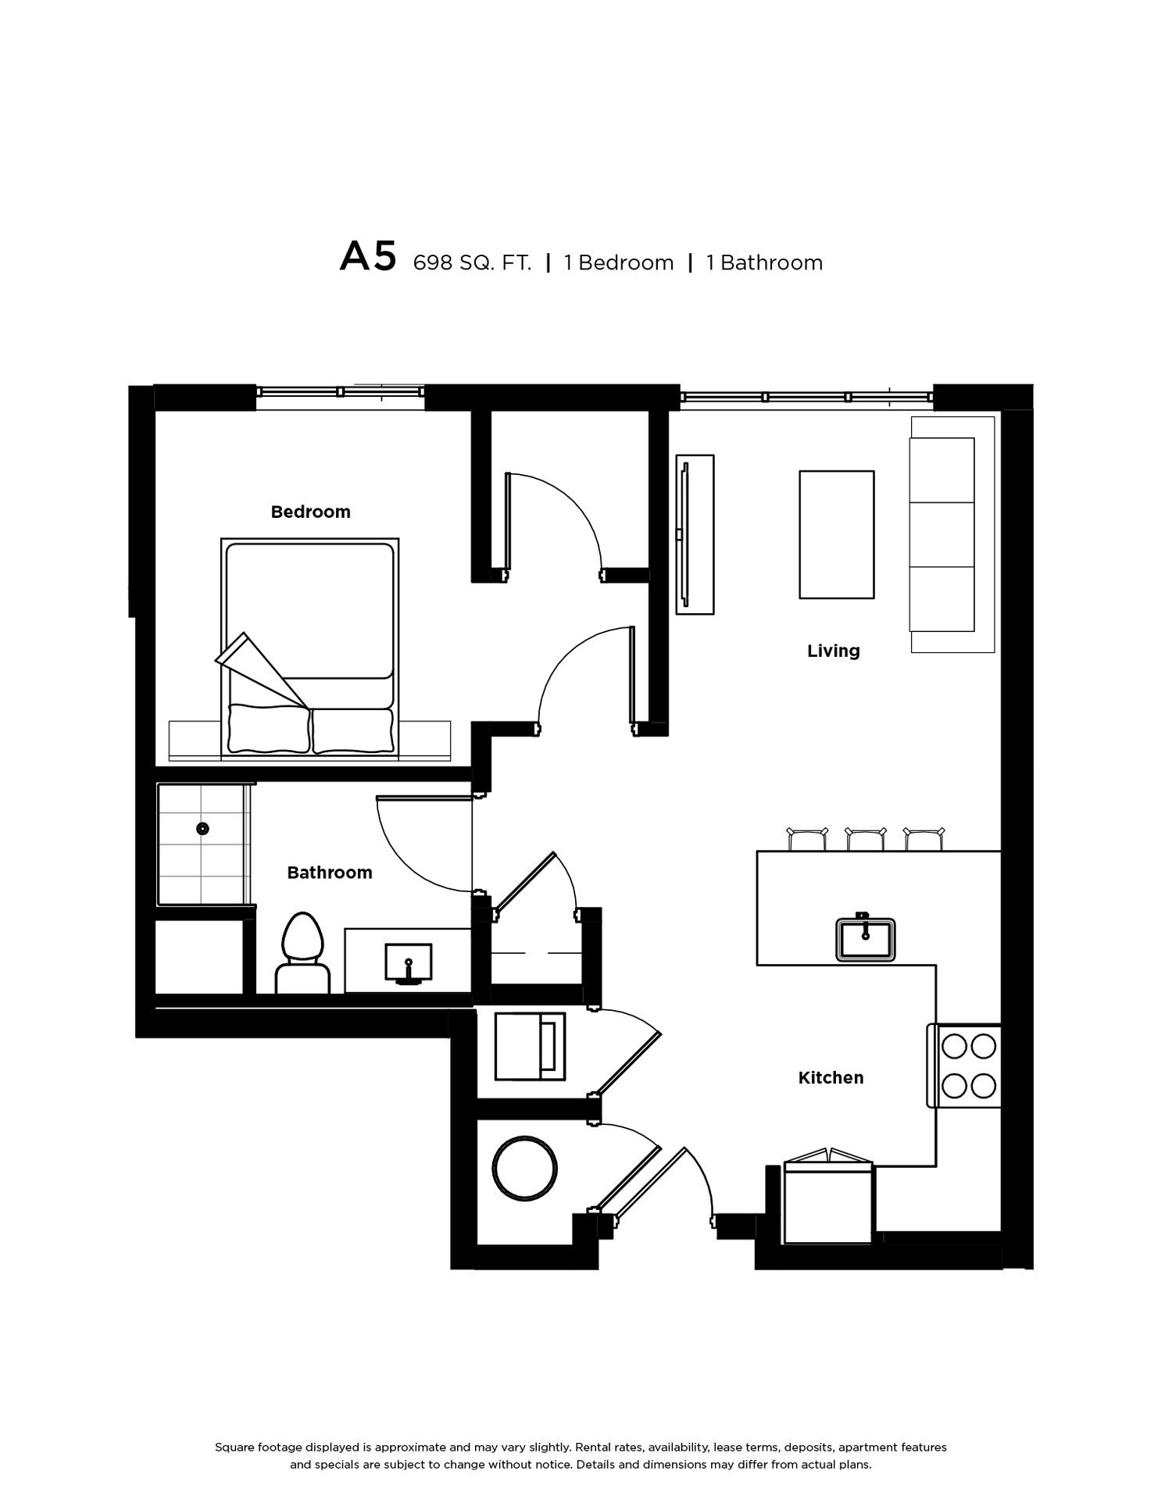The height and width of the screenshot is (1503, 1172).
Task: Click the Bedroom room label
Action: (x=310, y=512)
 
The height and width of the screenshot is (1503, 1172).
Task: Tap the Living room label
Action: (x=833, y=651)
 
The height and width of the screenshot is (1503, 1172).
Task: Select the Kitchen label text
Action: (x=831, y=1078)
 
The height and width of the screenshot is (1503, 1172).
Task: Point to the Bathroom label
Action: (x=329, y=873)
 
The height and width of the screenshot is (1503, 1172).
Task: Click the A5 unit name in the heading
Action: (x=368, y=257)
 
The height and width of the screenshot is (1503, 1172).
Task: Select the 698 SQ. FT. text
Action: (x=472, y=263)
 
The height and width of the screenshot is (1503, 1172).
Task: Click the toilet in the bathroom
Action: (x=302, y=953)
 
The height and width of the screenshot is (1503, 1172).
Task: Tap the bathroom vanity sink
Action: (x=408, y=962)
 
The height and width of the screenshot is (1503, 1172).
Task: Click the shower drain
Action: (x=202, y=829)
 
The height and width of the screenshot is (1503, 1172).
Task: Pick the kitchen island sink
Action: (x=865, y=937)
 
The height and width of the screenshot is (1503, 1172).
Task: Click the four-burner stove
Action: (x=965, y=1066)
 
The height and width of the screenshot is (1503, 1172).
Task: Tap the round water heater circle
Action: (x=525, y=1169)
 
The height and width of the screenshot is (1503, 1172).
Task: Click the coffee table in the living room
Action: (x=836, y=535)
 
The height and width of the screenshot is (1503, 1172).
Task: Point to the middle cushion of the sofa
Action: (x=942, y=534)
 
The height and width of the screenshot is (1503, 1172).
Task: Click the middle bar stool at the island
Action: (x=866, y=839)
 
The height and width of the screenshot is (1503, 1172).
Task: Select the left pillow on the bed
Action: (x=269, y=730)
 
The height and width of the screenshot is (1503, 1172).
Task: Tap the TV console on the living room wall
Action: (x=695, y=534)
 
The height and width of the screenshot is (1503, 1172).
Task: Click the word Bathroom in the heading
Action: (x=771, y=263)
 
